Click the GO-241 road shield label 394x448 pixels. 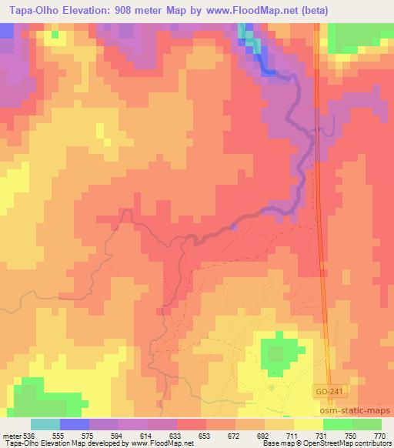[328, 392]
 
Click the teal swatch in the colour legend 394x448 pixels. [45, 424]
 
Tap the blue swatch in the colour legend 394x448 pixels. [75, 424]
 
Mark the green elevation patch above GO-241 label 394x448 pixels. [275, 353]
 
